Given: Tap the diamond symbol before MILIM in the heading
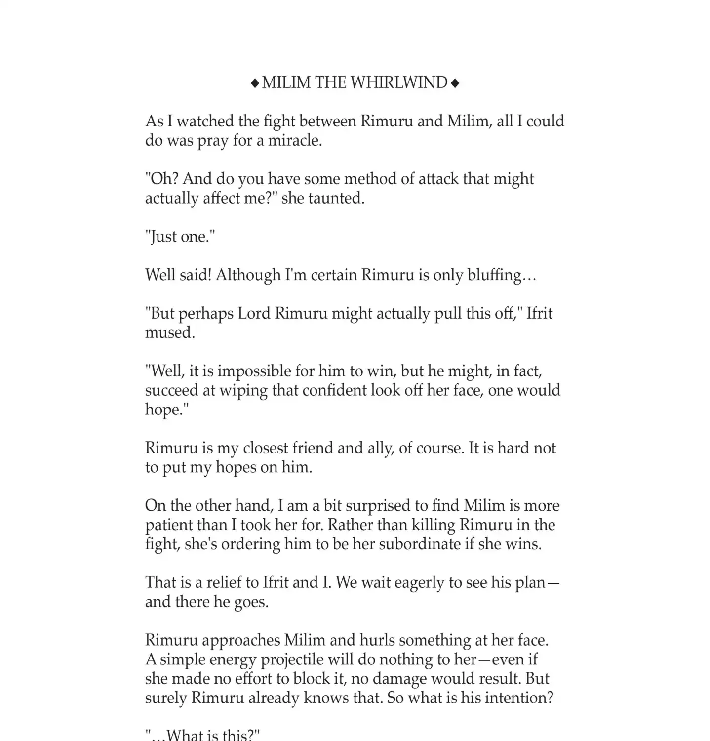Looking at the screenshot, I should (x=255, y=83).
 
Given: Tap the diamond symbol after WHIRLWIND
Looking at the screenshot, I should (x=455, y=83).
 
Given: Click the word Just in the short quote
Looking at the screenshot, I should (x=161, y=237).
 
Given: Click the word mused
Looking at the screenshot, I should (x=169, y=332).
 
